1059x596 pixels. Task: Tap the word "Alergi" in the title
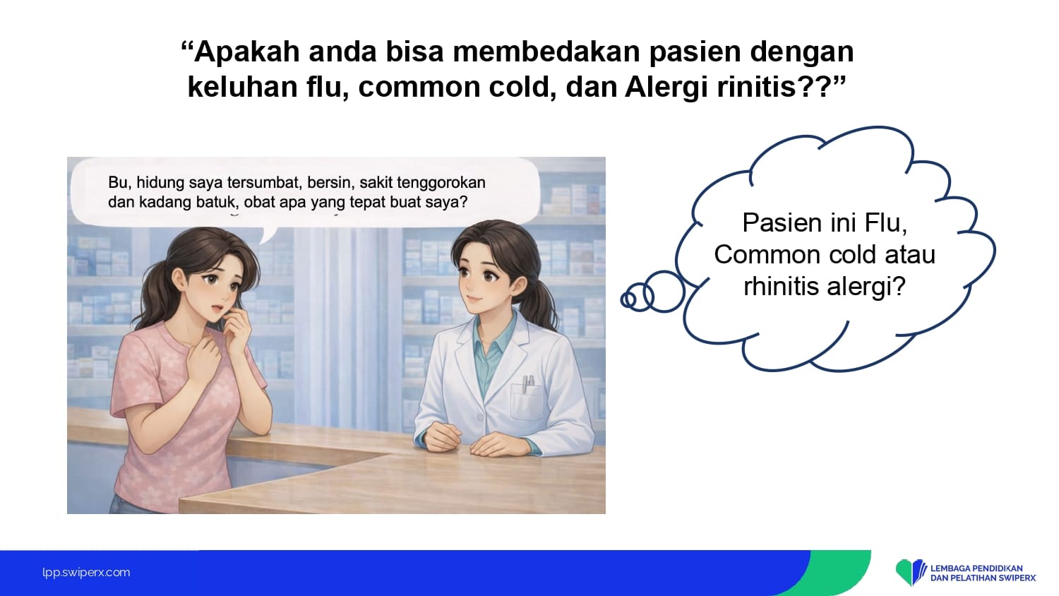coord(666,88)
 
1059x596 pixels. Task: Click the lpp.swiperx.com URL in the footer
coord(86,573)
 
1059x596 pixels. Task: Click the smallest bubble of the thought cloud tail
coord(629,299)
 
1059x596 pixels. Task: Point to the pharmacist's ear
coord(518,286)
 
